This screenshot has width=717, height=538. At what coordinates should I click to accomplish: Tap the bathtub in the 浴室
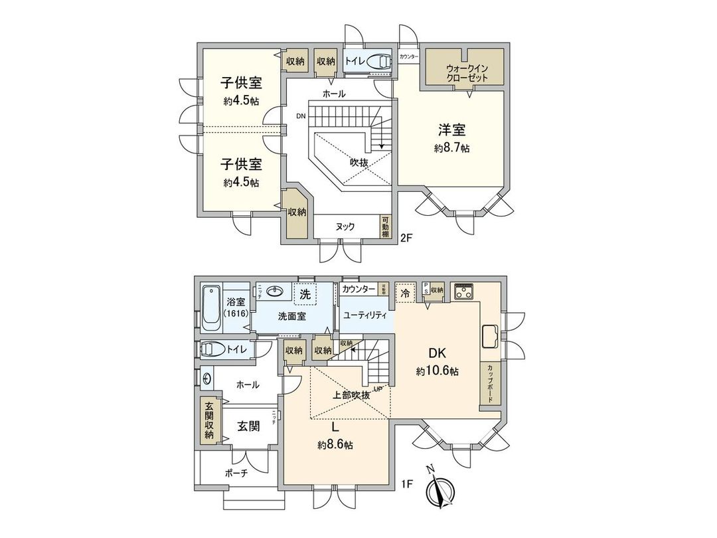tap(212, 308)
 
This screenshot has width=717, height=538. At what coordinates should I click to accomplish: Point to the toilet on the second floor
tap(378, 61)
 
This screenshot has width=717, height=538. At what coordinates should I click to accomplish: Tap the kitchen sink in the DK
tap(490, 336)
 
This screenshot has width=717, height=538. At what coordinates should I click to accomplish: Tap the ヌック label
tap(345, 226)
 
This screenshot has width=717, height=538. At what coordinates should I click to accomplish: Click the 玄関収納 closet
tap(208, 420)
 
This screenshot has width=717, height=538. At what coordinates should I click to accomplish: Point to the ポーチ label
tap(236, 474)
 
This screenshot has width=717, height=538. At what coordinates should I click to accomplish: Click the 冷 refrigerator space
tap(404, 292)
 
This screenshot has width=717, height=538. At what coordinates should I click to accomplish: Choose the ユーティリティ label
tap(365, 316)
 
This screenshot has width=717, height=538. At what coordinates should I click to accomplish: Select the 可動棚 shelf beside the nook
tap(385, 226)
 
